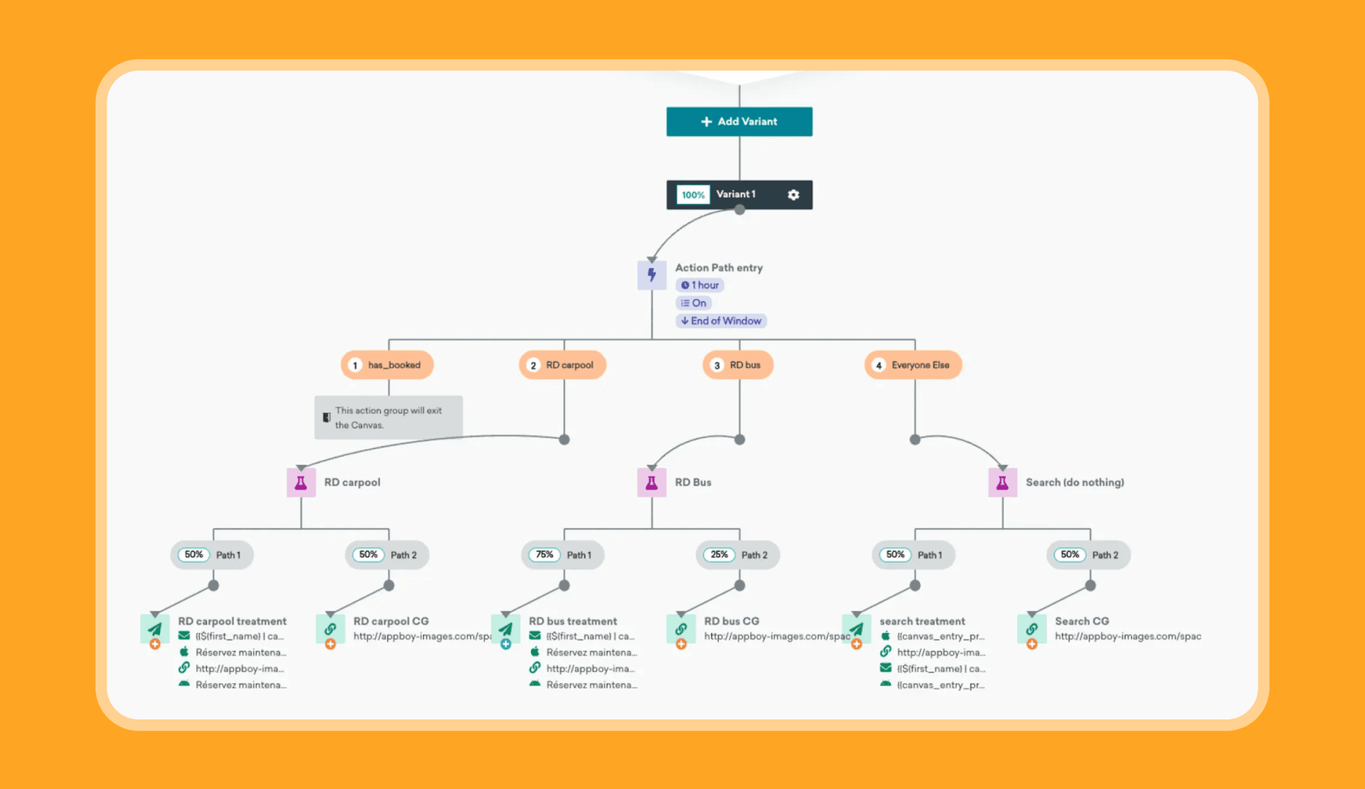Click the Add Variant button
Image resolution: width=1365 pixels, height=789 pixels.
pyautogui.click(x=739, y=122)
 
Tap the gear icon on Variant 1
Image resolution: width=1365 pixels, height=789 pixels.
pyautogui.click(x=793, y=195)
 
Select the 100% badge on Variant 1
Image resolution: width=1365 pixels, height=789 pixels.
pyautogui.click(x=693, y=195)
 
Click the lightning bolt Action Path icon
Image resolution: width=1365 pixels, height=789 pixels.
pyautogui.click(x=651, y=275)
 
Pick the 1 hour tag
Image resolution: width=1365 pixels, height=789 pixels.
pyautogui.click(x=700, y=285)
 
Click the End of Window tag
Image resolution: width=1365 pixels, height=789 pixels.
pyautogui.click(x=721, y=321)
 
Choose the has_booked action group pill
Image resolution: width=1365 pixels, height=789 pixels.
pyautogui.click(x=387, y=365)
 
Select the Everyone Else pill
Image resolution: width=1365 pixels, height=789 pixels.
pyautogui.click(x=914, y=365)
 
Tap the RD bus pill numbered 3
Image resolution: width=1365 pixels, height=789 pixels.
pyautogui.click(x=738, y=365)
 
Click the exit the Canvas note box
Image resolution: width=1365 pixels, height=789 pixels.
pyautogui.click(x=389, y=418)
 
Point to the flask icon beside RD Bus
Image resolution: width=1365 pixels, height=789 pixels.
pyautogui.click(x=651, y=483)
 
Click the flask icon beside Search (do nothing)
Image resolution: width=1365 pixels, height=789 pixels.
pyautogui.click(x=1002, y=483)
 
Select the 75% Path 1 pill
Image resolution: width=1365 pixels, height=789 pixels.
pyautogui.click(x=563, y=555)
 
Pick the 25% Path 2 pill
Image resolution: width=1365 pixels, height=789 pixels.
pyautogui.click(x=738, y=555)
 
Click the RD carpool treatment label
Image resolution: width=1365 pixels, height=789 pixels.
pyautogui.click(x=232, y=621)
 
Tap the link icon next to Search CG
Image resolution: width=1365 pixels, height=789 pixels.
pyautogui.click(x=1032, y=629)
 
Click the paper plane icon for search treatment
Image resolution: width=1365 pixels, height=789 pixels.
pyautogui.click(x=857, y=629)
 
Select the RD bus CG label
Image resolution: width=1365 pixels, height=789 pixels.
pyautogui.click(x=732, y=621)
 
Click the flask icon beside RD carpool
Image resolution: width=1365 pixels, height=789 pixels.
pyautogui.click(x=301, y=483)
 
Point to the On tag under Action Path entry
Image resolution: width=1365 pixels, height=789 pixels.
pyautogui.click(x=694, y=303)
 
